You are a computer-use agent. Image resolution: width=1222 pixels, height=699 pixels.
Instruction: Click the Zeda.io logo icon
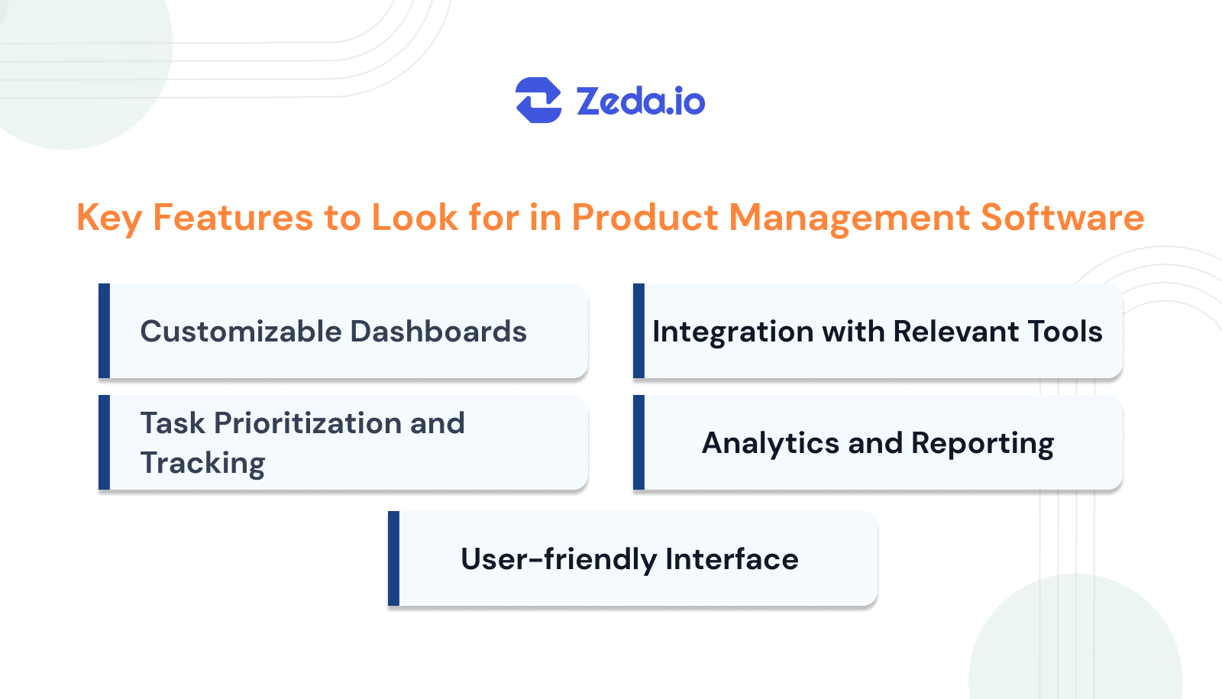[x=538, y=100]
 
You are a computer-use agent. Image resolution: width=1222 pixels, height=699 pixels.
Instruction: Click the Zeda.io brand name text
[x=640, y=102]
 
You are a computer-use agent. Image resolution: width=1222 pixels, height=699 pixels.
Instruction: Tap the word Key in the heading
[x=108, y=218]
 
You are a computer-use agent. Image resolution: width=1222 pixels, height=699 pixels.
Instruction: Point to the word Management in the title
[x=848, y=218]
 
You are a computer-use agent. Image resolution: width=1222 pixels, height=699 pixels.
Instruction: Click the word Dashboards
[x=438, y=332]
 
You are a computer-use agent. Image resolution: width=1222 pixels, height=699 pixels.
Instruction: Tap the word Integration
[x=732, y=332]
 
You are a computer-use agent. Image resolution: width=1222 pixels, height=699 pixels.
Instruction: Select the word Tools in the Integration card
[x=1065, y=332]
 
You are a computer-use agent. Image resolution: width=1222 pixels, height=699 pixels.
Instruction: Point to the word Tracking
[x=202, y=464]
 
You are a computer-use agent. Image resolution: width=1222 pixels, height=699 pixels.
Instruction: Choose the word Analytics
[x=770, y=444]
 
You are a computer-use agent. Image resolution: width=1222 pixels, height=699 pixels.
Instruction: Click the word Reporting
[x=982, y=444]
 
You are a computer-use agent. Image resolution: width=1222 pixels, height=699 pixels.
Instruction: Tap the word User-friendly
[x=558, y=560]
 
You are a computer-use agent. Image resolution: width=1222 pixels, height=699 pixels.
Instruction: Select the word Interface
[x=732, y=559]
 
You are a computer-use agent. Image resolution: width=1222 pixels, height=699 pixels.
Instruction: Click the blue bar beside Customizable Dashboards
[x=105, y=331]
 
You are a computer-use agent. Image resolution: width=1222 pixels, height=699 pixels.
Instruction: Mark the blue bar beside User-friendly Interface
[x=393, y=558]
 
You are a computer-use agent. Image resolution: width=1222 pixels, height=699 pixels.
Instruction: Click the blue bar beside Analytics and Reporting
[x=638, y=442]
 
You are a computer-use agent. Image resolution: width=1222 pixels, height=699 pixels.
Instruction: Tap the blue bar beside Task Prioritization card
[x=105, y=442]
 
